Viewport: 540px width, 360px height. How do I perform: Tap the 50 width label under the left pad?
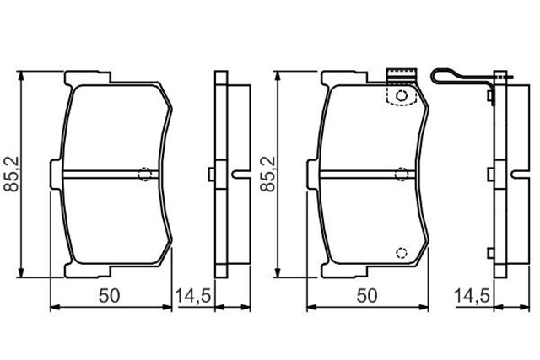(109, 296)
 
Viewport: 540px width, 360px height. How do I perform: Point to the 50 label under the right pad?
(367, 296)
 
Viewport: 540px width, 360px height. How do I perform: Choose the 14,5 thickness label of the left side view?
(193, 296)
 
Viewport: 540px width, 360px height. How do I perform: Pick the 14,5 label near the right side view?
(472, 296)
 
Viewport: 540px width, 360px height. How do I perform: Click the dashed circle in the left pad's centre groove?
(144, 175)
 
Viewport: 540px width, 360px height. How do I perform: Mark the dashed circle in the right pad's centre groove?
(402, 175)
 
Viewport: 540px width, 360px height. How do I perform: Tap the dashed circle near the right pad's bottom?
(402, 253)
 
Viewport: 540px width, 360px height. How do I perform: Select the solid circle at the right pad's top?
(402, 95)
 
